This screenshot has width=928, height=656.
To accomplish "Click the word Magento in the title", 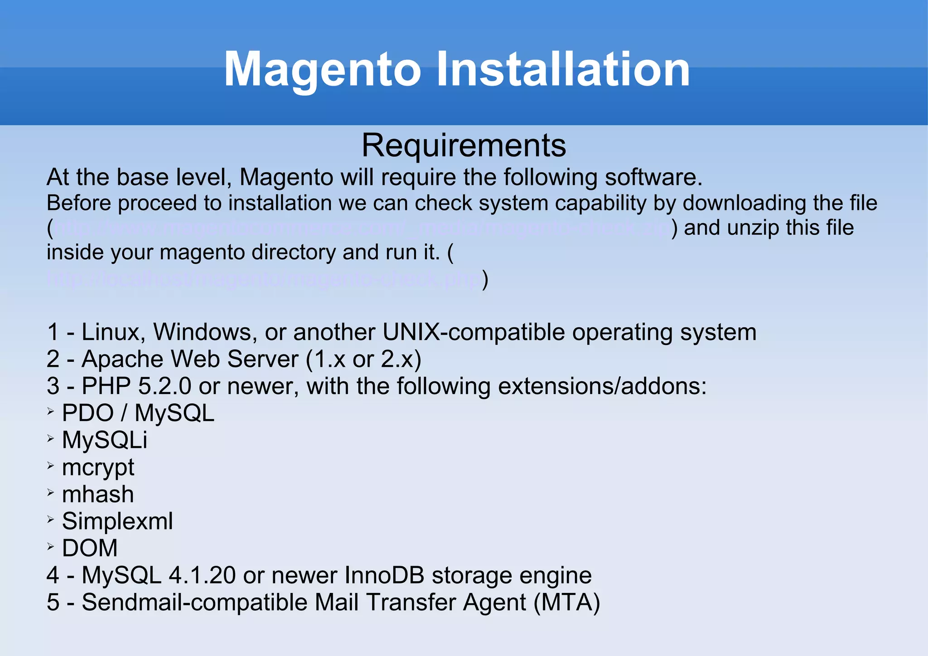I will (x=323, y=70).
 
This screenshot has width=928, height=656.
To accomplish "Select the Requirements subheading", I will (x=464, y=146).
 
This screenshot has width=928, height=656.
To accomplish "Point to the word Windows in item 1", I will (x=202, y=332).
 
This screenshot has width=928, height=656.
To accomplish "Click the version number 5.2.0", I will (x=165, y=386).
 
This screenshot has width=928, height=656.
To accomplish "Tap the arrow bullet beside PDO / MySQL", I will (x=51, y=412).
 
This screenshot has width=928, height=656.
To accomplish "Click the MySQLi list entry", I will (x=105, y=440).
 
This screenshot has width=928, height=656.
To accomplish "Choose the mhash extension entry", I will (x=98, y=494).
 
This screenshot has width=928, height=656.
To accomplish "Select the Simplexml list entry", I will (x=117, y=521).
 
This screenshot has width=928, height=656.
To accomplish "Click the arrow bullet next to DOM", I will (x=51, y=547).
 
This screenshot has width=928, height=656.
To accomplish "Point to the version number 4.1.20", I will (x=202, y=575).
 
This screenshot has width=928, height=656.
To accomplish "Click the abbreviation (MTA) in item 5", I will (x=567, y=603).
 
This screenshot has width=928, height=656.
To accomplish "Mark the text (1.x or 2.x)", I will (x=363, y=359).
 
